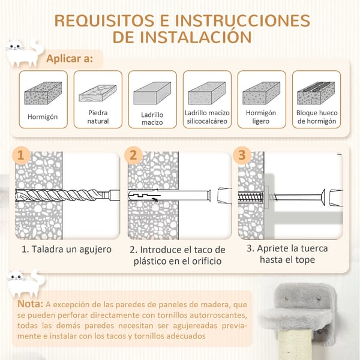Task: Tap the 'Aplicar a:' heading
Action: tap(70, 59)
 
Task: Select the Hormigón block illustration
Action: tap(43, 93)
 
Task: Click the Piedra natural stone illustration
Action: tap(98, 93)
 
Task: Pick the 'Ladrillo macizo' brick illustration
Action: tap(152, 93)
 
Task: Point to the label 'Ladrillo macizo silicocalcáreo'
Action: tap(207, 117)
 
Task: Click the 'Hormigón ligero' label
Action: tap(261, 117)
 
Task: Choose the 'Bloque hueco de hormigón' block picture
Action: tap(316, 93)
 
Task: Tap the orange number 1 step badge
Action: tap(21, 155)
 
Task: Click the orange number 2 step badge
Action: tap(133, 155)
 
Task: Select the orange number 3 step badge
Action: tap(242, 155)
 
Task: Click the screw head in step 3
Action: tap(323, 197)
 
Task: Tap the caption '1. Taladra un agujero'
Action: tap(67, 250)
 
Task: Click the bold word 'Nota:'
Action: tap(31, 304)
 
